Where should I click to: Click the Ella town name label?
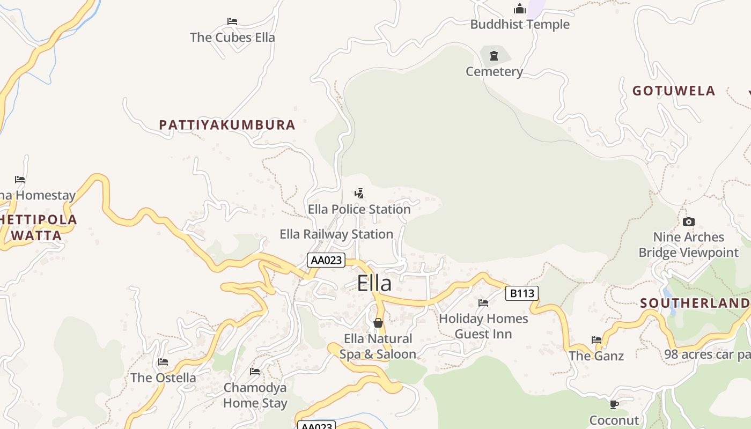point(374,283)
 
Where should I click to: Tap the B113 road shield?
point(521,293)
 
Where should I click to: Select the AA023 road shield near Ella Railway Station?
point(326,260)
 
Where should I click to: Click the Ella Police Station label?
point(359,209)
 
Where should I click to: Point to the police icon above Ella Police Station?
point(359,193)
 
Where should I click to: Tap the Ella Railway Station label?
point(336,234)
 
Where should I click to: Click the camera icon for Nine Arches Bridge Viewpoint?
point(689,221)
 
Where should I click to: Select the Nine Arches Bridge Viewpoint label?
point(688,245)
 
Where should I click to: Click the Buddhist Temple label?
point(520,24)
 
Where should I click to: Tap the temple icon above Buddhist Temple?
point(519,9)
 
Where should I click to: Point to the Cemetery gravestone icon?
point(494,55)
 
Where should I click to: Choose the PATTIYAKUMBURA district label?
point(227,125)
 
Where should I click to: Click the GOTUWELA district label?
point(674,91)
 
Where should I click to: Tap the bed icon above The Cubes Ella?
point(232,21)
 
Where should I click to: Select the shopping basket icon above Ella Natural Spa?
point(378,323)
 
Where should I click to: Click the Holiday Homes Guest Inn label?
point(483,326)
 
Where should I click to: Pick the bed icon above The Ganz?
point(597,339)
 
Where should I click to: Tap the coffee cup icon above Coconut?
point(614,404)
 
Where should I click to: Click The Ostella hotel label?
point(164,378)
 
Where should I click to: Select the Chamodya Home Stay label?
point(255,395)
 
